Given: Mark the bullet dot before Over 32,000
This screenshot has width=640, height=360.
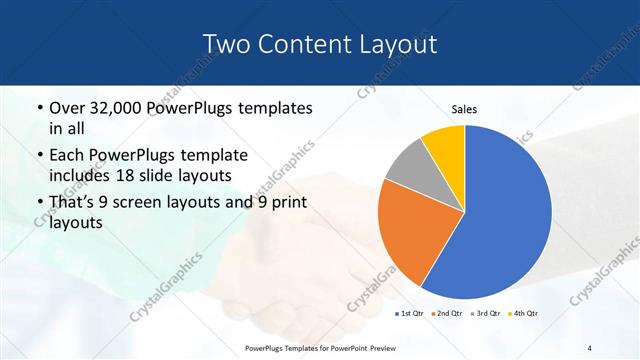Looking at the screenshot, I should point(38,108).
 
